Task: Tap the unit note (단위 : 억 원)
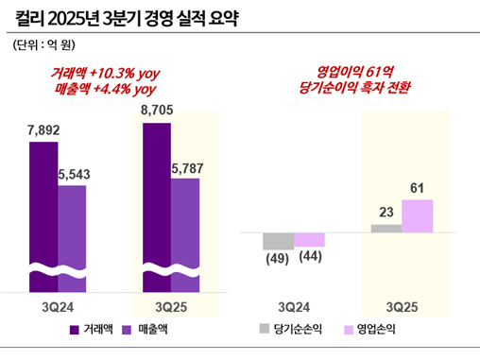[x=43, y=44]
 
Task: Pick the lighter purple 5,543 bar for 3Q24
[x=72, y=236]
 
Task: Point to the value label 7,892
[x=43, y=131]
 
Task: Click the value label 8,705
[x=157, y=111]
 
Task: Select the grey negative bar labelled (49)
[x=278, y=241]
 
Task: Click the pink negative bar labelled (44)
[x=309, y=240]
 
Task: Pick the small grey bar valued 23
[x=386, y=228]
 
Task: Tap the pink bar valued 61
[x=417, y=216]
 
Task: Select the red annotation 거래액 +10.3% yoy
[x=104, y=73]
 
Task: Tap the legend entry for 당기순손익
[x=288, y=330]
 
